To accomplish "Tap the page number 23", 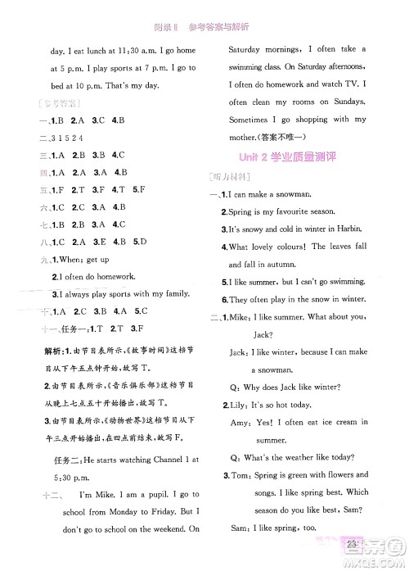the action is click(x=354, y=543).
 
